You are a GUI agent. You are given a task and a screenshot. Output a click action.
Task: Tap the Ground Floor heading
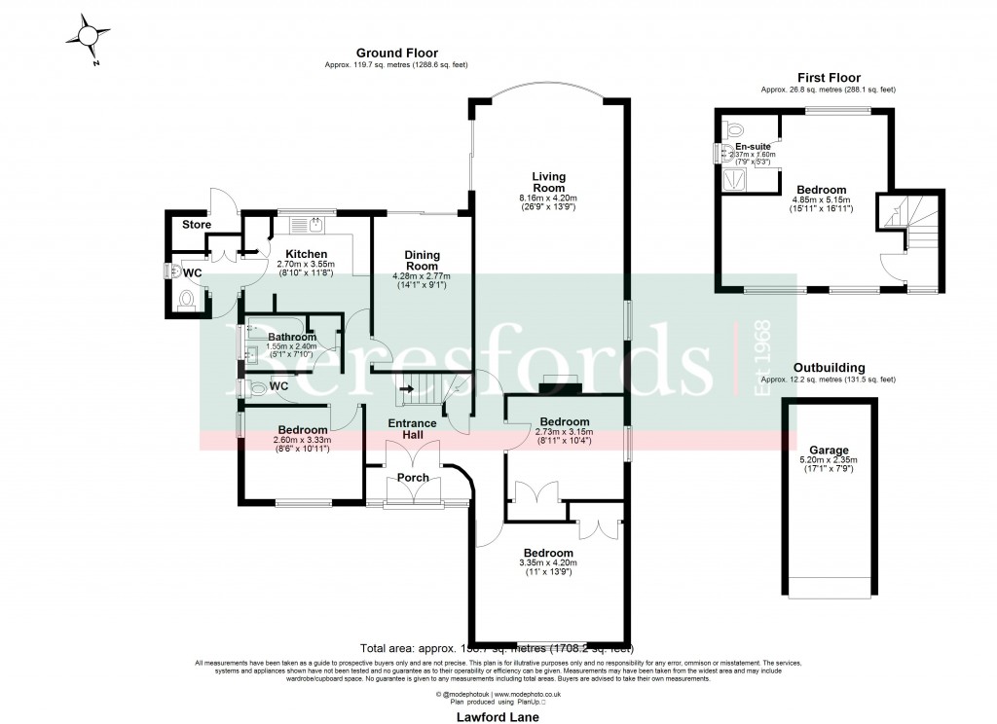(396, 54)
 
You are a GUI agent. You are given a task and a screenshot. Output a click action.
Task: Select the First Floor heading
(829, 78)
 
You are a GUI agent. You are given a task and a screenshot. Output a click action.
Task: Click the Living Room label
(548, 182)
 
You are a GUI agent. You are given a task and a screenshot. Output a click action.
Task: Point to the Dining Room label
(422, 261)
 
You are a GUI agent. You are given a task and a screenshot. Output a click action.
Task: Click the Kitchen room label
(306, 253)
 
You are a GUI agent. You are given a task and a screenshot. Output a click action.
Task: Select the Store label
(197, 225)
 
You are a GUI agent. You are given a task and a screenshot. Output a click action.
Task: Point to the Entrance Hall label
(413, 429)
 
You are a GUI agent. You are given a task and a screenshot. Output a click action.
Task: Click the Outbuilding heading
(829, 368)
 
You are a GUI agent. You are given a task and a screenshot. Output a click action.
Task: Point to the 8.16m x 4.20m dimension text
(548, 199)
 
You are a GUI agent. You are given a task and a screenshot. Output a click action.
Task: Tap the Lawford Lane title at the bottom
(498, 716)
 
